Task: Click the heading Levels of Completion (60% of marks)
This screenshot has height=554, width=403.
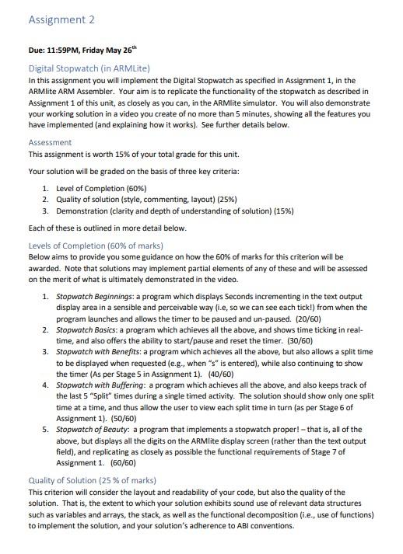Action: pos(101,246)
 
